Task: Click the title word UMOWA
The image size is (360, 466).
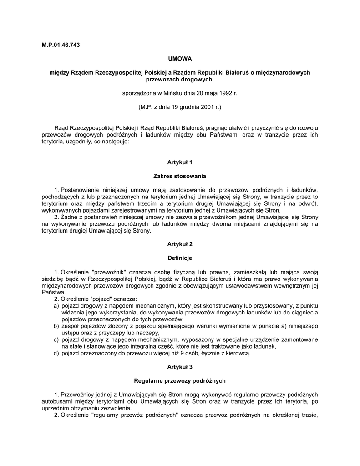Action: pyautogui.click(x=180, y=59)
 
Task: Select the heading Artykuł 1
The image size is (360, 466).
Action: pyautogui.click(x=180, y=162)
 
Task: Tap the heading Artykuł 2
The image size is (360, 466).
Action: pyautogui.click(x=180, y=244)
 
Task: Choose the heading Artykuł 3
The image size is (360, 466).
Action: pyautogui.click(x=180, y=367)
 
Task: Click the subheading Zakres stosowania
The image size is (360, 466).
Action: pyautogui.click(x=180, y=176)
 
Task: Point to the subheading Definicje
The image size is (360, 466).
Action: pyautogui.click(x=180, y=258)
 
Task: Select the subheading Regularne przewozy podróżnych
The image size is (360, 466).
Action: pyautogui.click(x=180, y=380)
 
